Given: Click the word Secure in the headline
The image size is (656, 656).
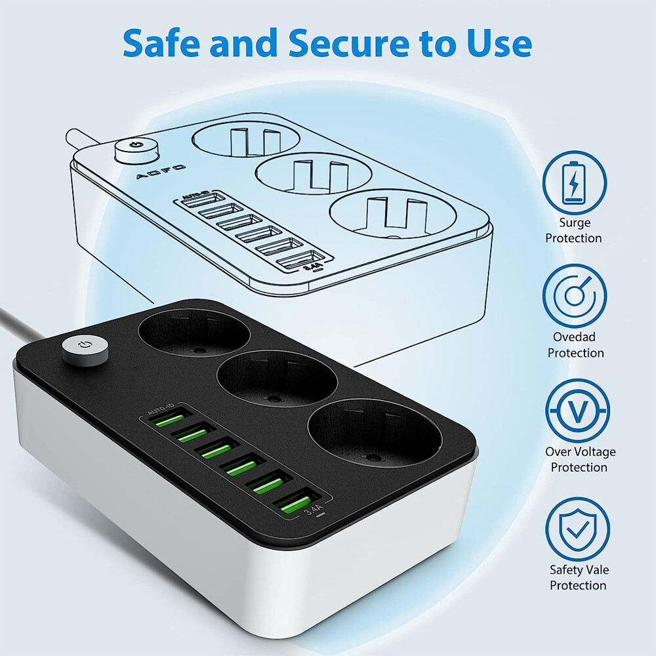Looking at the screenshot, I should pyautogui.click(x=342, y=43).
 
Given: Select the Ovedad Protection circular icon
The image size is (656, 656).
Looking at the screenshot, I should pyautogui.click(x=574, y=296).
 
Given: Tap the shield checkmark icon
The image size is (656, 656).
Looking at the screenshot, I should pyautogui.click(x=578, y=529).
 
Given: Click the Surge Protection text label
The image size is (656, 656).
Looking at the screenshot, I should pyautogui.click(x=574, y=230).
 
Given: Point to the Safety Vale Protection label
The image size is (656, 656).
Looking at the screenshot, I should pyautogui.click(x=578, y=577).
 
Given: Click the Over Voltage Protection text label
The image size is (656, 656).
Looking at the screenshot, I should pyautogui.click(x=580, y=459).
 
